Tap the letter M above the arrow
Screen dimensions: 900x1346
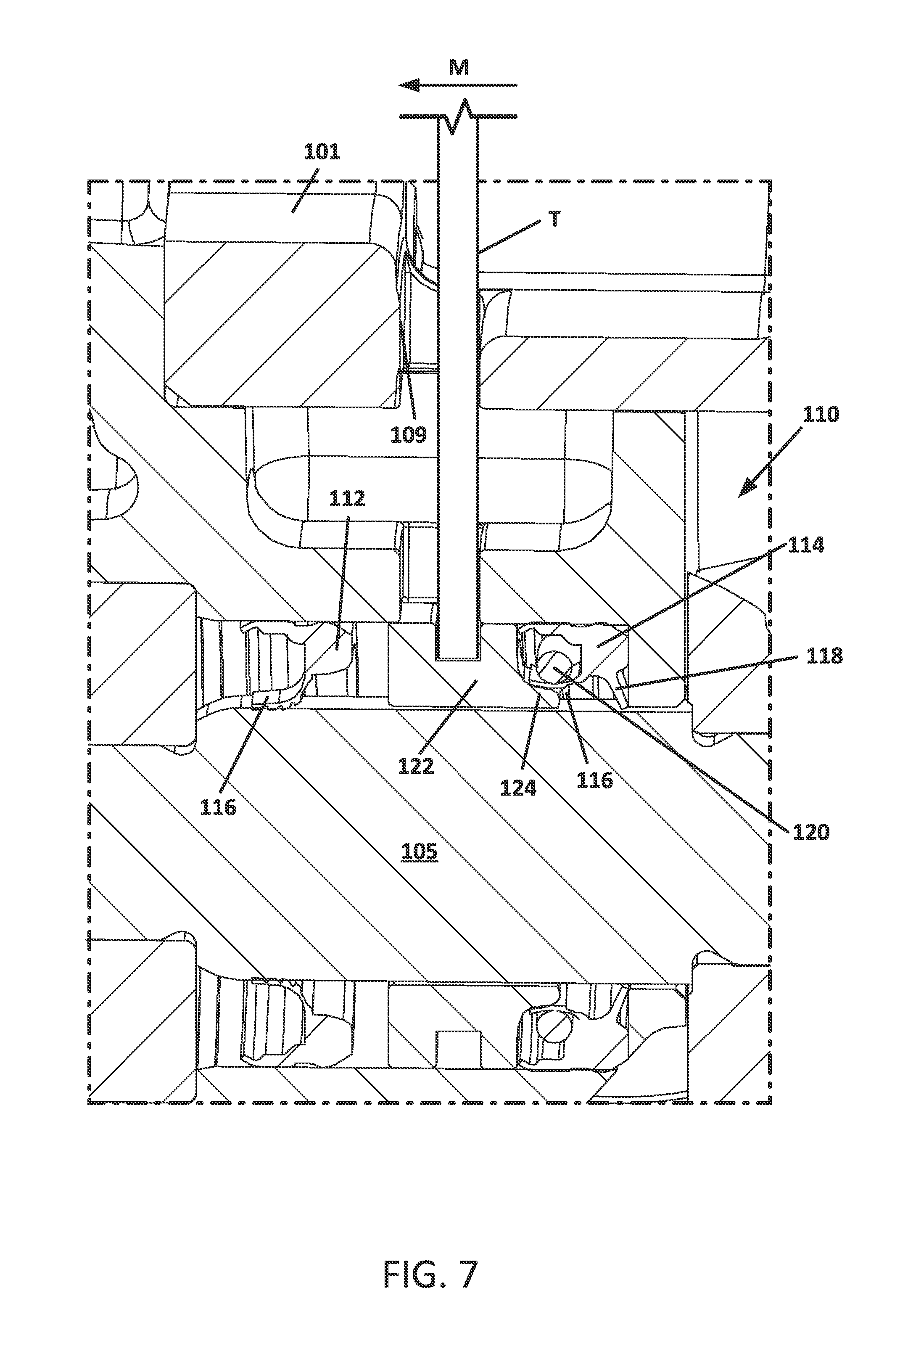click(x=459, y=68)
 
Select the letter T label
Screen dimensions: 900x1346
click(x=554, y=219)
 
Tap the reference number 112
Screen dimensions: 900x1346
click(x=347, y=498)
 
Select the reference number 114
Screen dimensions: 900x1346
click(x=806, y=545)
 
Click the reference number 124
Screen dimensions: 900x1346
click(x=518, y=788)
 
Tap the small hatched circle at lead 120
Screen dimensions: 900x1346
click(x=554, y=668)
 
